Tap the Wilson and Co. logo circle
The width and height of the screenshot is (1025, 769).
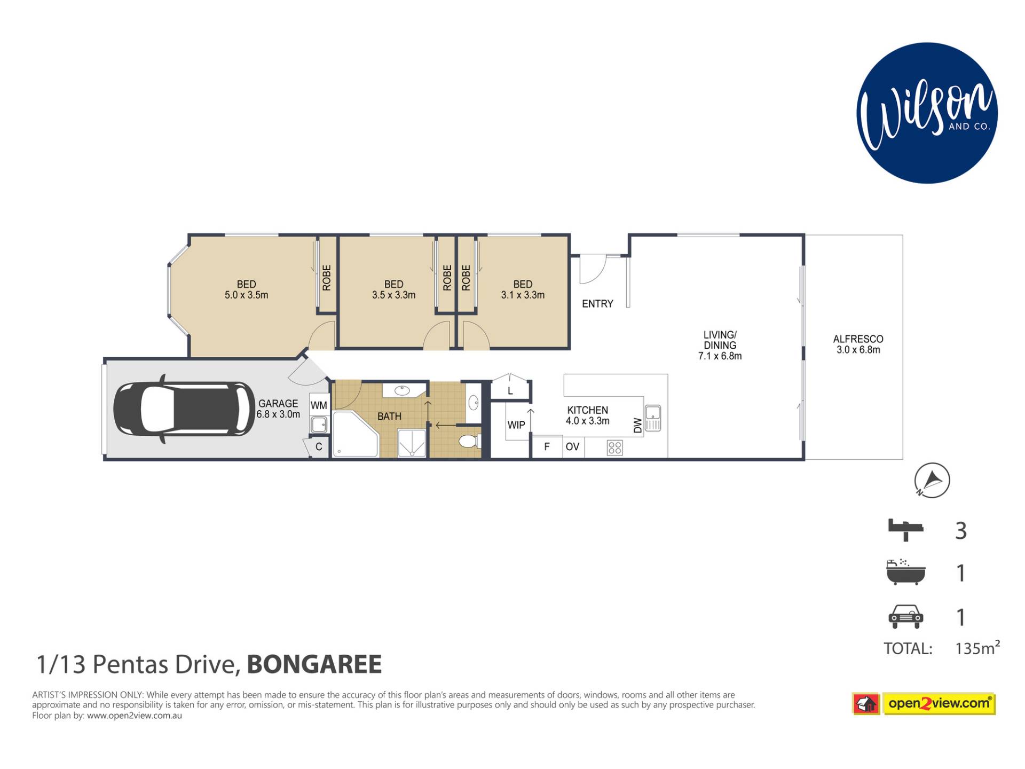pos(927,113)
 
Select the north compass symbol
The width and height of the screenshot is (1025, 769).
pos(932,480)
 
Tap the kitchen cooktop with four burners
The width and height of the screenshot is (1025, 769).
pos(614,448)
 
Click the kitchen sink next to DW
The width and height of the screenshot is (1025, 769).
pos(653,418)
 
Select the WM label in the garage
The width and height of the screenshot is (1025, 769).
pos(319,405)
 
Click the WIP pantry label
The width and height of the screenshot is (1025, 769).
pos(516,425)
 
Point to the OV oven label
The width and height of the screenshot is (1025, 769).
pos(572,446)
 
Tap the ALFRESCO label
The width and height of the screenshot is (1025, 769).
pos(858,339)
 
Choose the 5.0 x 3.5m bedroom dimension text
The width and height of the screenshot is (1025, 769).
pos(246,295)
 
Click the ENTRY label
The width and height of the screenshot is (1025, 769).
pos(597,304)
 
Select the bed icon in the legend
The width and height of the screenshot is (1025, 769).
pos(905,529)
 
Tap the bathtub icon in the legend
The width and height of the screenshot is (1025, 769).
pos(905,572)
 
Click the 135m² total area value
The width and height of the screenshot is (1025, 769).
pos(977,647)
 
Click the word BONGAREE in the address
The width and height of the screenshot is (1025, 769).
pos(314,664)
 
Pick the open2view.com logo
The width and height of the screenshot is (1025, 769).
pos(924,703)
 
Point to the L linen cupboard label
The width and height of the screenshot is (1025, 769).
pos(510,391)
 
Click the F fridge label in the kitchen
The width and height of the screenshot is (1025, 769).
pos(547,446)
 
